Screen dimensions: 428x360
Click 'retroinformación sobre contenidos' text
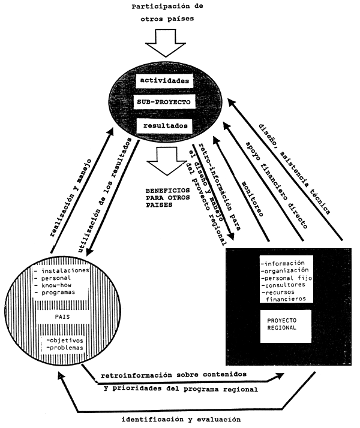pyautogui.click(x=174, y=375)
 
